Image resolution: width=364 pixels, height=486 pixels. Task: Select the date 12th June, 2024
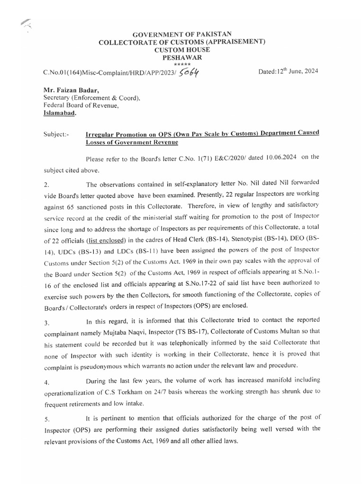288,71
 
